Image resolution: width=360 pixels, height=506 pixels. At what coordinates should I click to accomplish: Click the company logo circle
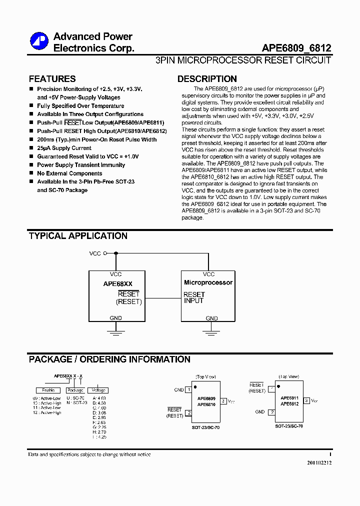tap(38, 41)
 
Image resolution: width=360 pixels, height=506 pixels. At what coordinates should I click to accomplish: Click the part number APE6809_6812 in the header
tap(296, 48)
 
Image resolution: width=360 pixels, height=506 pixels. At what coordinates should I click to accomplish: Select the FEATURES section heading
tap(52, 79)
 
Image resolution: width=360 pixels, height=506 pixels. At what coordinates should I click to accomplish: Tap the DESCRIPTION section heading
tap(207, 79)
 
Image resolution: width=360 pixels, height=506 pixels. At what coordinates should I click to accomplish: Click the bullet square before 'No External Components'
tap(31, 173)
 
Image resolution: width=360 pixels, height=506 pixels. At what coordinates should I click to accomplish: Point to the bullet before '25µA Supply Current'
tap(31, 148)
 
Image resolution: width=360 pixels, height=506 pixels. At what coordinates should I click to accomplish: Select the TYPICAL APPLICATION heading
tap(78, 236)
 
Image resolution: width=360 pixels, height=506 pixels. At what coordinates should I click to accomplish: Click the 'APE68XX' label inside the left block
tap(118, 283)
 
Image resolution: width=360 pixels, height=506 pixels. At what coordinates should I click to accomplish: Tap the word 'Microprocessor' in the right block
tap(208, 282)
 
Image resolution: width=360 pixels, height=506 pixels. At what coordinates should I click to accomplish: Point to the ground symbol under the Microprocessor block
tap(212, 329)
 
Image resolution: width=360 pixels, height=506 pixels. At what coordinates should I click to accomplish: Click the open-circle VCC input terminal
tap(105, 253)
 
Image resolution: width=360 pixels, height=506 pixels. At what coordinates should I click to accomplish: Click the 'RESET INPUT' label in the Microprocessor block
tap(194, 297)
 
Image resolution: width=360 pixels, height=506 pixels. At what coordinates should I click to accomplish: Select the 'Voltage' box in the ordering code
tap(98, 390)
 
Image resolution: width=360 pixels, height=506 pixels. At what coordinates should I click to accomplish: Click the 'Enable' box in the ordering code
tap(48, 390)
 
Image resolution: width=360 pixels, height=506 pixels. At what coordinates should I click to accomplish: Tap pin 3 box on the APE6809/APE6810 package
tap(223, 400)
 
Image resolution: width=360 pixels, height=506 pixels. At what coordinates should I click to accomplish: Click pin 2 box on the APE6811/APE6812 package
tap(271, 412)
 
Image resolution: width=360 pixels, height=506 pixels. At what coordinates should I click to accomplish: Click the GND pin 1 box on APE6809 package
tap(188, 389)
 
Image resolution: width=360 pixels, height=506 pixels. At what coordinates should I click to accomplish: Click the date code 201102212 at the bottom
tap(319, 462)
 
